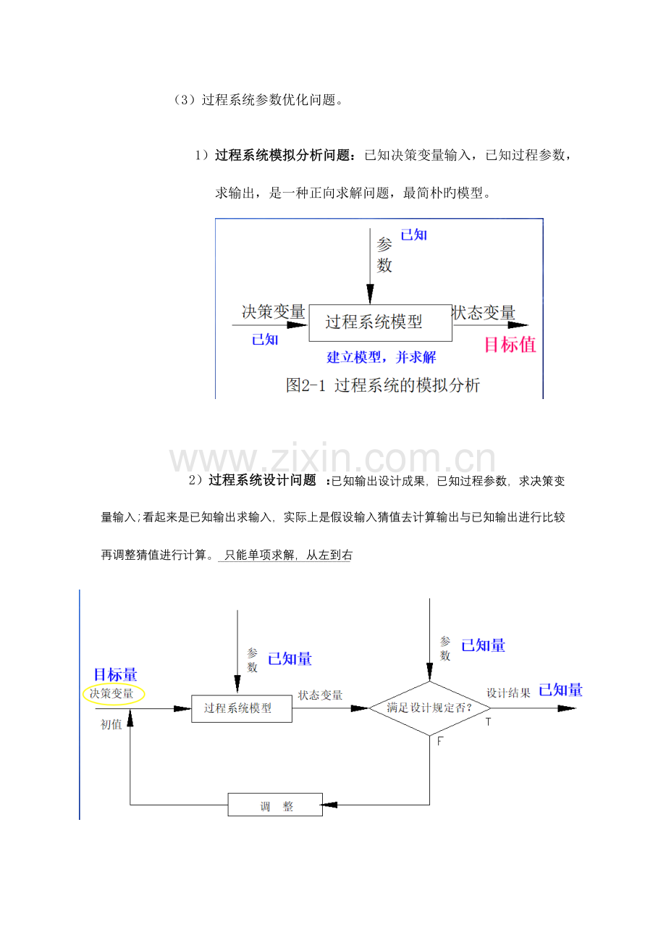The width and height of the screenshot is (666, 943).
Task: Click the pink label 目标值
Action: (x=510, y=344)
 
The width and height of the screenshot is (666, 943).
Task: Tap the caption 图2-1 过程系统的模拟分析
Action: (x=383, y=385)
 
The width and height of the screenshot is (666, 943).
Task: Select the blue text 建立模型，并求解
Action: (x=382, y=357)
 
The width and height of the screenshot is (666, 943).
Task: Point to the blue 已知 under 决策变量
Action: (x=265, y=339)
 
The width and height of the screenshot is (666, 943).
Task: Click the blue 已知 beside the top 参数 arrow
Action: (x=413, y=235)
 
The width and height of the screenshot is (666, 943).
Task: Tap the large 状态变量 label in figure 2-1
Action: (x=484, y=313)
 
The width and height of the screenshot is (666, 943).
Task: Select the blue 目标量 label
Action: (x=115, y=674)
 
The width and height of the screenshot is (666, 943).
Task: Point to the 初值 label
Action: (x=111, y=724)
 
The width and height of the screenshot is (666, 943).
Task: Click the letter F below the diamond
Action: (x=440, y=742)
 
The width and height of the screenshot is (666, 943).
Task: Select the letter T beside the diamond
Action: (x=488, y=722)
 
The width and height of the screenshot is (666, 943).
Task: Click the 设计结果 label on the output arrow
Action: (x=509, y=693)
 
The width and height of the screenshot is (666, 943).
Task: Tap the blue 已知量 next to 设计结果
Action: (x=560, y=690)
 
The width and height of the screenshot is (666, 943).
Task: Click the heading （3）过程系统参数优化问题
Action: (x=258, y=100)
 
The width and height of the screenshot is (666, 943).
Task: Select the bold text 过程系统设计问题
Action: (x=262, y=480)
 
